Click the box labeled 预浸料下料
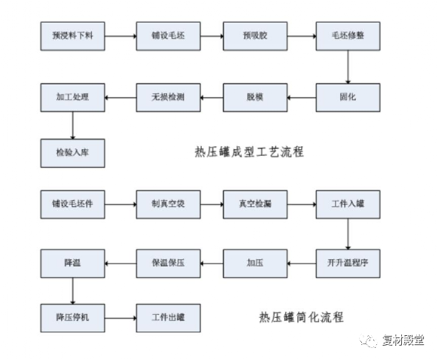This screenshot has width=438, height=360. (73, 36)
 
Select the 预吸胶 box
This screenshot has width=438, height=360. (255, 36)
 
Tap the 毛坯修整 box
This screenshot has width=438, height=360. (348, 36)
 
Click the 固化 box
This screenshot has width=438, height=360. (348, 98)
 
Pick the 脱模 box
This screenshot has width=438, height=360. (255, 98)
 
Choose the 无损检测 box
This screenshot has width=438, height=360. (168, 98)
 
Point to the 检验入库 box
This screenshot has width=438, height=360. (73, 153)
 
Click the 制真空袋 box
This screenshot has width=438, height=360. (168, 204)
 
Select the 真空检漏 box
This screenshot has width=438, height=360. (255, 204)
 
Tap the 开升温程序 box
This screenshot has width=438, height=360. (348, 264)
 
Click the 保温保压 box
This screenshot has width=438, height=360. (168, 264)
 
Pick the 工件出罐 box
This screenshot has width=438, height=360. (168, 318)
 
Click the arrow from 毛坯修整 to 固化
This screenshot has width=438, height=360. (348, 67)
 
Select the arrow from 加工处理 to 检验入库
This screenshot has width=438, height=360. (73, 126)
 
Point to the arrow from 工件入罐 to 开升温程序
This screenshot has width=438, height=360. (348, 234)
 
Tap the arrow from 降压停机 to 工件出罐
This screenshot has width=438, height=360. (120, 318)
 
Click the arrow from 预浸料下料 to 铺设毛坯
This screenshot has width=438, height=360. (120, 36)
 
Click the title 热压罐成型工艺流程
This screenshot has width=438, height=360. (249, 152)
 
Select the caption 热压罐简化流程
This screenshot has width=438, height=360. (301, 317)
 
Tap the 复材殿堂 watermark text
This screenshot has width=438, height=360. (403, 340)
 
